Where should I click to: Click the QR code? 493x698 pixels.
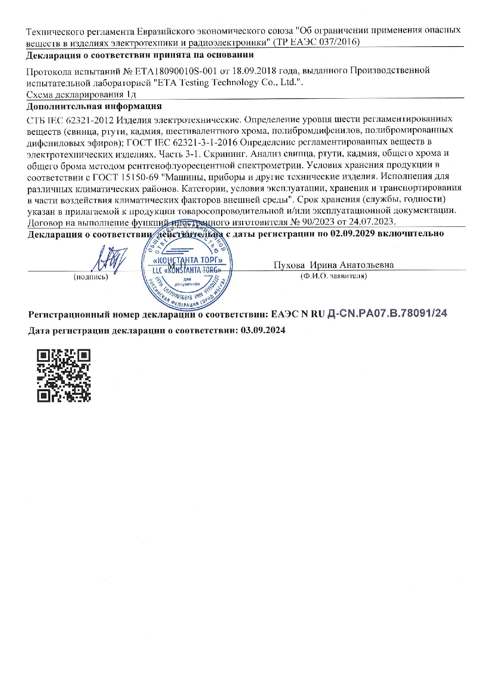(x=64, y=375)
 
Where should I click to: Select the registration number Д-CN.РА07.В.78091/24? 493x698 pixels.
(x=386, y=314)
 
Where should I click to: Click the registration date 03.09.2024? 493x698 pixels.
(x=263, y=330)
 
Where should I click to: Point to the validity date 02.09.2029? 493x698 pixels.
(x=353, y=234)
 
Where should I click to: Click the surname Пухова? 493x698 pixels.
(x=289, y=265)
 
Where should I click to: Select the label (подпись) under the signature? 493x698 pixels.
(x=91, y=277)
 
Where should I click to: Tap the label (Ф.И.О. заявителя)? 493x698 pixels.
(x=333, y=276)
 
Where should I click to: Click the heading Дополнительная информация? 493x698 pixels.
(x=94, y=106)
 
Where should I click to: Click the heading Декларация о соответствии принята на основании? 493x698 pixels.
(x=140, y=55)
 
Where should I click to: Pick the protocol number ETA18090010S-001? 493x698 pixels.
(x=176, y=71)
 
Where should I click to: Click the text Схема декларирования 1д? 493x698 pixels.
(x=82, y=94)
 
